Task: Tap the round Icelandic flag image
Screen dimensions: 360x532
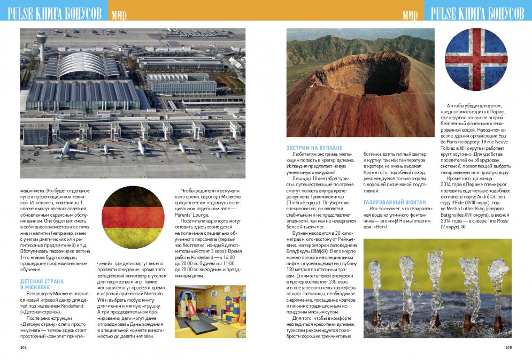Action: point(476,62)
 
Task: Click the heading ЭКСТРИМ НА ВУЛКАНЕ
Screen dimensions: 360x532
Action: point(314,148)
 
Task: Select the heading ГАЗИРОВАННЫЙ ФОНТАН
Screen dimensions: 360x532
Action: point(395,202)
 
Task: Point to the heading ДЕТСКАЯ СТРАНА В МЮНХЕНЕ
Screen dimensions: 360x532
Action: point(42,284)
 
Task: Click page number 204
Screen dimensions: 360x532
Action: point(24,347)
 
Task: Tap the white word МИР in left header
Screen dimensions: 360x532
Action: point(119,14)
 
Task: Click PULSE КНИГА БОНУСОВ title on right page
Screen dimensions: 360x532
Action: point(477,13)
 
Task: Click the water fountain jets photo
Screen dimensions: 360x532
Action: point(437,288)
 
